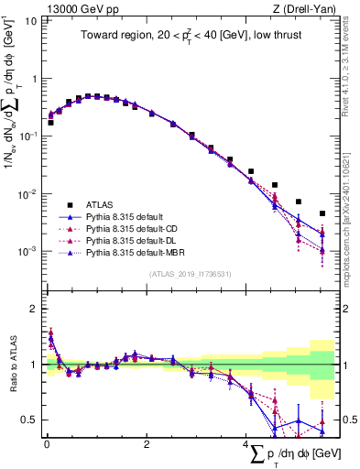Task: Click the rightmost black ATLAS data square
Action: point(322,213)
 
